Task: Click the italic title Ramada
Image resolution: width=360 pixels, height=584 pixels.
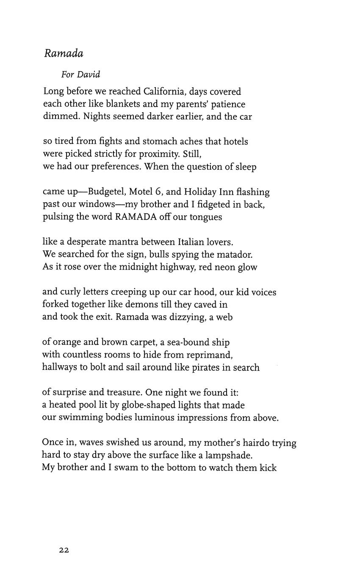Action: [x=64, y=53]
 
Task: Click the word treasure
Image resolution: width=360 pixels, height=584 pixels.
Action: [x=118, y=392]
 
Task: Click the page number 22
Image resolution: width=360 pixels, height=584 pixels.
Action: [x=64, y=550]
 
